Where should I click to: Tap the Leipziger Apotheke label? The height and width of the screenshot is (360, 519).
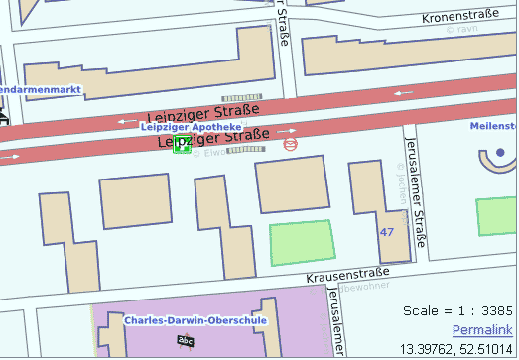[x=191, y=127]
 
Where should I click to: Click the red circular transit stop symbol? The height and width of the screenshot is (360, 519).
[x=291, y=144]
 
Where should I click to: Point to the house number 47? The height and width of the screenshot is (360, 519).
[x=387, y=231]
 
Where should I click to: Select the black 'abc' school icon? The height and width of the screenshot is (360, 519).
[x=184, y=341]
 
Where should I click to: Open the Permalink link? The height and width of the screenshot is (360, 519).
[x=481, y=329]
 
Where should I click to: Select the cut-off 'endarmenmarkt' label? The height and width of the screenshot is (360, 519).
[x=40, y=90]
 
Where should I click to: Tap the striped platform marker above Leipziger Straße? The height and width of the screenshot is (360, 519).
[x=241, y=97]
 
